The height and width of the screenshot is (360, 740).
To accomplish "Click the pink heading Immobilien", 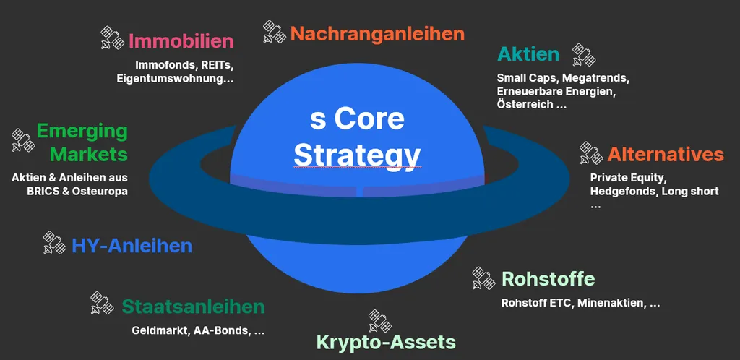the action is (x=181, y=41).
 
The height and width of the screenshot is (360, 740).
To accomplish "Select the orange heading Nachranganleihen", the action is (x=377, y=34).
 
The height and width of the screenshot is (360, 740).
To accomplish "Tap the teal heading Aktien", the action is (x=528, y=55).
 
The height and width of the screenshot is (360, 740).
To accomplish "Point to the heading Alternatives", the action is (x=666, y=154).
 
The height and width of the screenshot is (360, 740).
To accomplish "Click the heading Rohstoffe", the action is (x=548, y=279).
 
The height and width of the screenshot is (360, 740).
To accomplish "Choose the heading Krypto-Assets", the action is (x=386, y=342).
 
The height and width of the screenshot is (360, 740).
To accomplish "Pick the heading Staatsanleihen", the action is (x=193, y=307).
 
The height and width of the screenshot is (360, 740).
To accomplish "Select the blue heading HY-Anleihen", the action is (x=132, y=246).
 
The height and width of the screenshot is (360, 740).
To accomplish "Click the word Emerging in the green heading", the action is (x=82, y=132).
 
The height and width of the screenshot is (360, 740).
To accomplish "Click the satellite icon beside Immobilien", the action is (x=112, y=38).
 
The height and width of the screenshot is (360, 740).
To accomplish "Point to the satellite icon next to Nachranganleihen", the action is (x=275, y=32).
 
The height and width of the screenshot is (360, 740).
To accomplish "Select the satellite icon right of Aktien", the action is (x=584, y=55).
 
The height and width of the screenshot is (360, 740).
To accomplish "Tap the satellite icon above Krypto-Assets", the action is (x=380, y=321).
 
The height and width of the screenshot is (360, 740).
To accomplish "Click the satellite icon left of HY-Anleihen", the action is (x=55, y=242).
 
